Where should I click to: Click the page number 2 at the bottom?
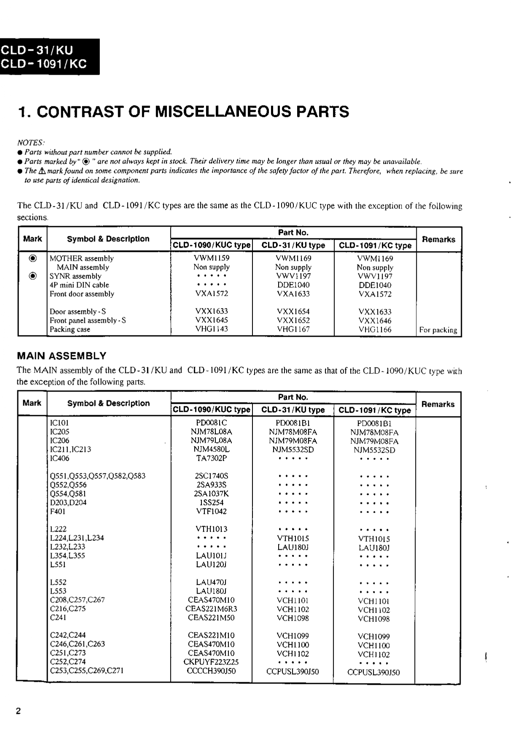(18, 711)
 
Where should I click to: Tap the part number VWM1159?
(212, 258)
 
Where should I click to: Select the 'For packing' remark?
(438, 330)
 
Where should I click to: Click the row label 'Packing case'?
(70, 330)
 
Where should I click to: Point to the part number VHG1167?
(293, 329)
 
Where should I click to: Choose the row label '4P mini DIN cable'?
(79, 285)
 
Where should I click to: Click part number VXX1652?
(293, 320)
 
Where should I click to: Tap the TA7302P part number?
(211, 458)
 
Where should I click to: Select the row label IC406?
(59, 458)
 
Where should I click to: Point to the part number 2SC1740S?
(211, 476)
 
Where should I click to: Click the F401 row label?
(58, 511)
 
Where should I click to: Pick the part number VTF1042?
(211, 511)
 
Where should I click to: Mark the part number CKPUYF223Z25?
(211, 662)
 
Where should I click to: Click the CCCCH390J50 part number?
(211, 670)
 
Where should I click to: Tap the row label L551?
(58, 565)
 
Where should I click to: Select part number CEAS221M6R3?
(211, 608)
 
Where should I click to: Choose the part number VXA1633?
(293, 294)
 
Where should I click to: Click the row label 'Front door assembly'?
(82, 294)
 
